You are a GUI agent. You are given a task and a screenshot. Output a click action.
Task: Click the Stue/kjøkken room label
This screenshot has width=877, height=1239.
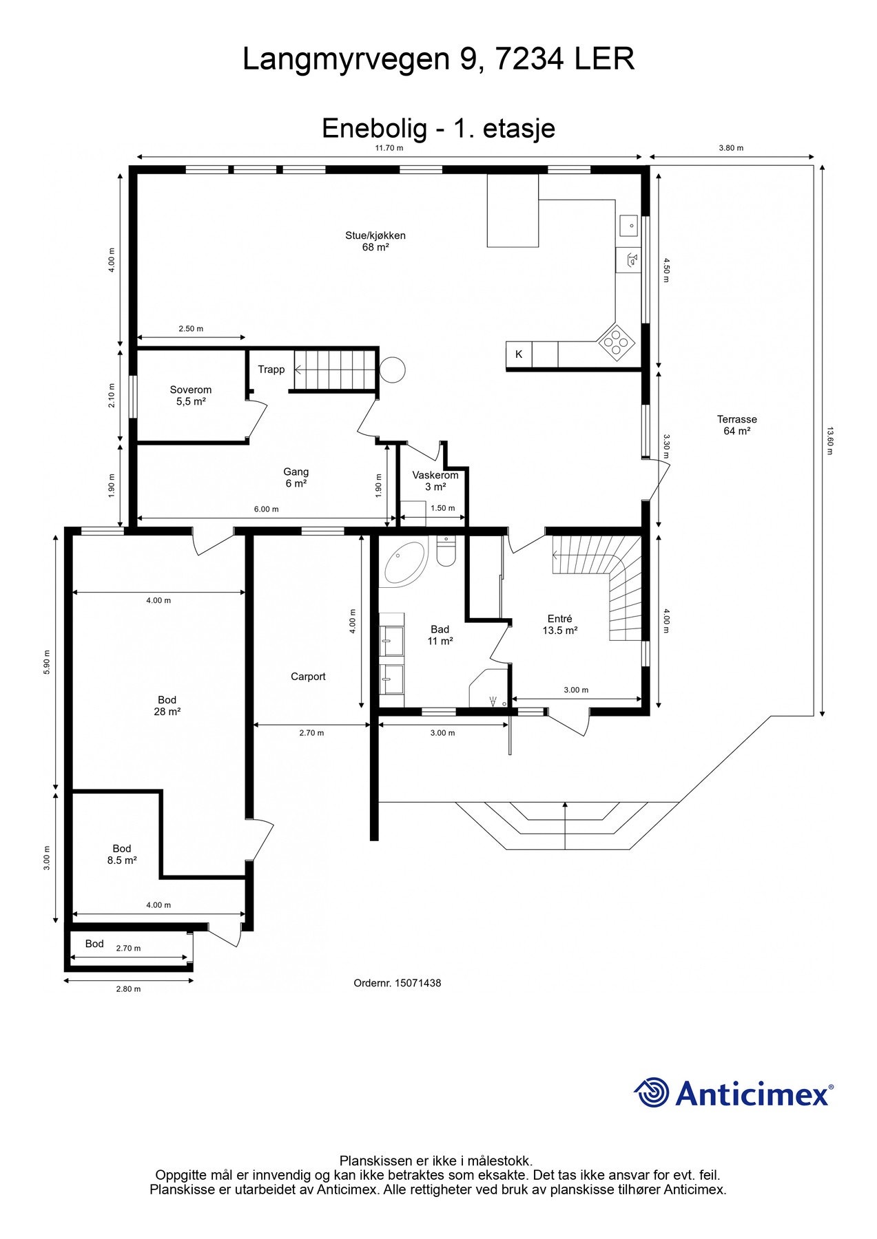tap(375, 241)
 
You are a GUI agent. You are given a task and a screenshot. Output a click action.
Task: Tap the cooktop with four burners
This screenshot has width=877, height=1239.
tap(616, 342)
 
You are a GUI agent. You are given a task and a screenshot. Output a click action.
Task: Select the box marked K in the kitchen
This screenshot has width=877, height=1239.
tap(519, 354)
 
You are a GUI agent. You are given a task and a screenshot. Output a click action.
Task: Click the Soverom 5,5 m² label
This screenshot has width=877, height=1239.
tap(191, 395)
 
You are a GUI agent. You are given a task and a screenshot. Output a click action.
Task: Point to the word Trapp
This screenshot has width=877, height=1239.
tap(271, 370)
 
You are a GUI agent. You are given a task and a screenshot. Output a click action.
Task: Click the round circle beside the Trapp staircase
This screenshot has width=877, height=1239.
tap(393, 370)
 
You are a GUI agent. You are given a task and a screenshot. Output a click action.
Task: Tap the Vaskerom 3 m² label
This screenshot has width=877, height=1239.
tap(435, 480)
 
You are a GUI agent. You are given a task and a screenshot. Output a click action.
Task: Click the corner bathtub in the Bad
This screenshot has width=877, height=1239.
tap(404, 562)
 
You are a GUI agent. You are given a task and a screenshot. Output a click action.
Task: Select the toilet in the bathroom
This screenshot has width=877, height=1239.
tap(446, 553)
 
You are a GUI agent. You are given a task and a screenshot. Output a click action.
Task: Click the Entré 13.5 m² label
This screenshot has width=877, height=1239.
tap(559, 624)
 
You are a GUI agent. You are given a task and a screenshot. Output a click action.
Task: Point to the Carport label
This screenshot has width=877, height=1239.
tap(308, 677)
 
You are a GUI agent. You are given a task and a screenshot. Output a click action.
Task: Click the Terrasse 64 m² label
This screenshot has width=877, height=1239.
tap(736, 425)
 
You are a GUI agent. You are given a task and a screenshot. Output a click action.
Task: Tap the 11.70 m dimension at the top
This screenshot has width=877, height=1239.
tap(389, 148)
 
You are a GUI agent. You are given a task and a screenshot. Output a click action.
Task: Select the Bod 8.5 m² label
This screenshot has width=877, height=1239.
tap(122, 854)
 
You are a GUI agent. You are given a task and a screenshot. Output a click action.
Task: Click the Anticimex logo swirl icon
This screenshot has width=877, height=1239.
tap(652, 1092)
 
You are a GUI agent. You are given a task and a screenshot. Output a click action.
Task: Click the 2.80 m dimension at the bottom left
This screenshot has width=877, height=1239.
tap(128, 989)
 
